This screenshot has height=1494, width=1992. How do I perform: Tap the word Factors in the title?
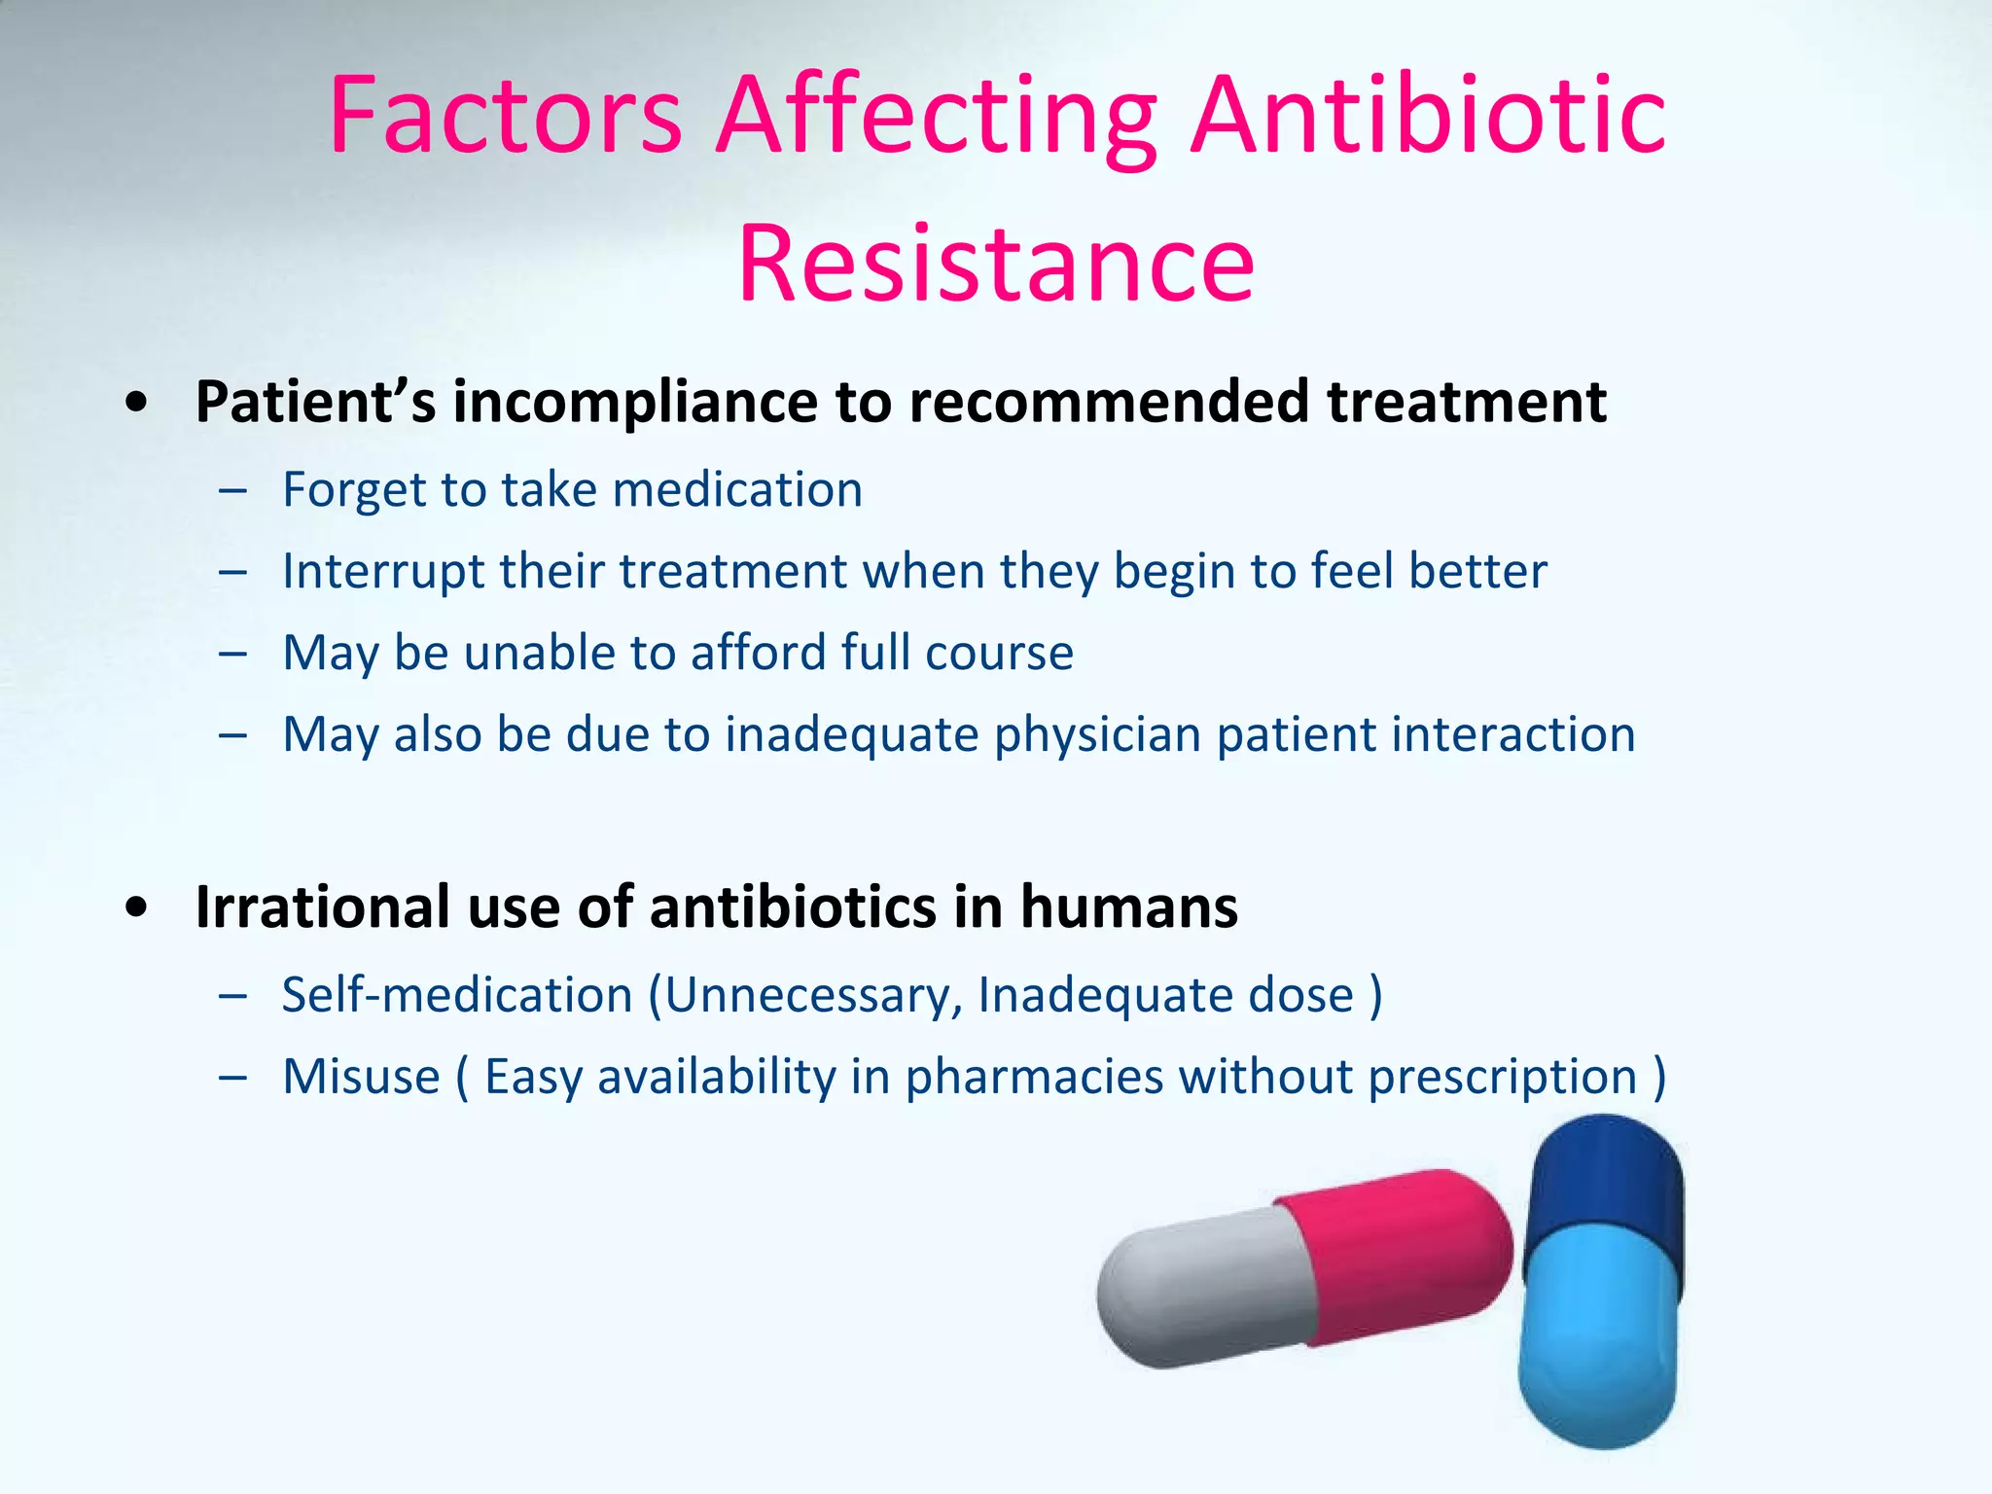tap(506, 117)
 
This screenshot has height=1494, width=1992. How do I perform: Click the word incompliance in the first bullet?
tap(634, 402)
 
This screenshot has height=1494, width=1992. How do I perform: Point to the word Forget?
tap(354, 489)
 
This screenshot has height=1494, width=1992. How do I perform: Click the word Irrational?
tap(324, 907)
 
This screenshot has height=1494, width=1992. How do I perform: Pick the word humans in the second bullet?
tap(1128, 907)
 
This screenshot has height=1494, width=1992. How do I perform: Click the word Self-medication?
tap(457, 995)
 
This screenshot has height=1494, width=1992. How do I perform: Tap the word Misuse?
tap(361, 1077)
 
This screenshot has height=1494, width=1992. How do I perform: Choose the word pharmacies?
tap(1034, 1077)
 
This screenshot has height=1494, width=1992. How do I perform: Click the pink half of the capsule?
tap(1401, 1255)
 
